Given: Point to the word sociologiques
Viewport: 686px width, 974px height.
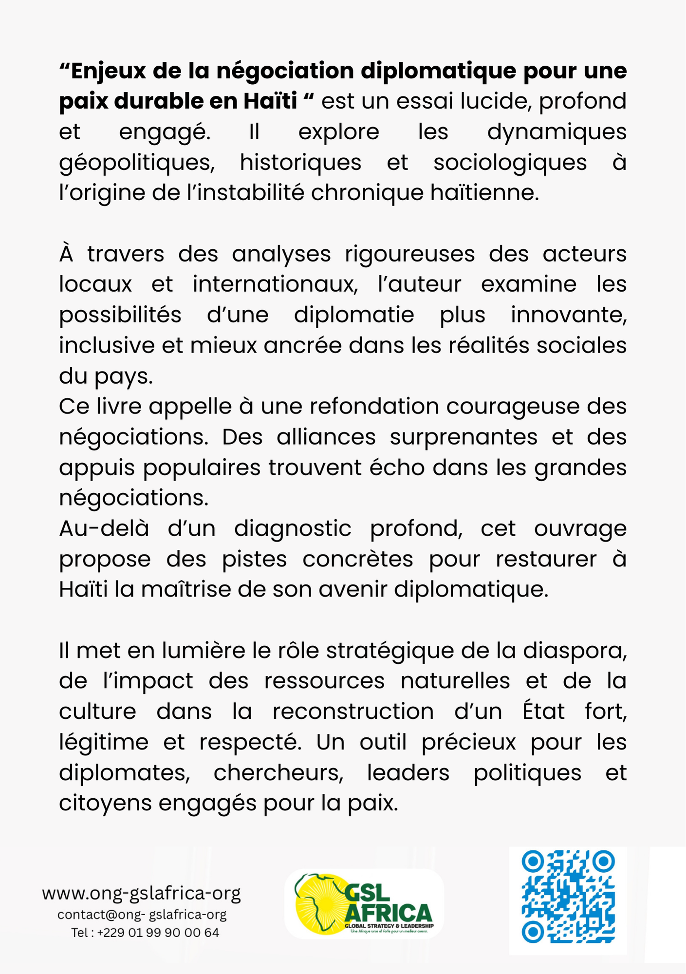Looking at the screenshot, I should (510, 163).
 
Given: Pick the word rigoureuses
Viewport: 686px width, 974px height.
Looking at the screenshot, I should (409, 254).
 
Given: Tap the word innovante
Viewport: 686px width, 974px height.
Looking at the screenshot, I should (568, 315).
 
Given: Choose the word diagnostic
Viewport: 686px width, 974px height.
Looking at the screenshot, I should (293, 529).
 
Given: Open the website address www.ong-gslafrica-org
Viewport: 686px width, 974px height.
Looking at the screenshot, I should (142, 894).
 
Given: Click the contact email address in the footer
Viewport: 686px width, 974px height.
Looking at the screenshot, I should (142, 915).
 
